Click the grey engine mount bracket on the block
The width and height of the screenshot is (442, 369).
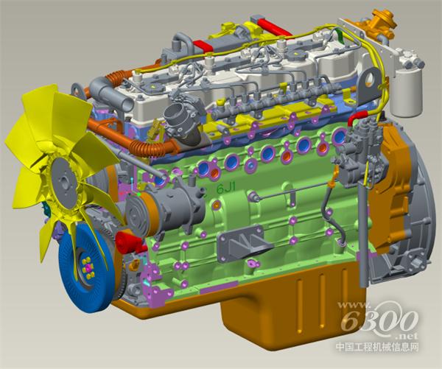[x=243, y=245]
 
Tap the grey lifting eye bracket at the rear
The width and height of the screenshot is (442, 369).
[x=370, y=85]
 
